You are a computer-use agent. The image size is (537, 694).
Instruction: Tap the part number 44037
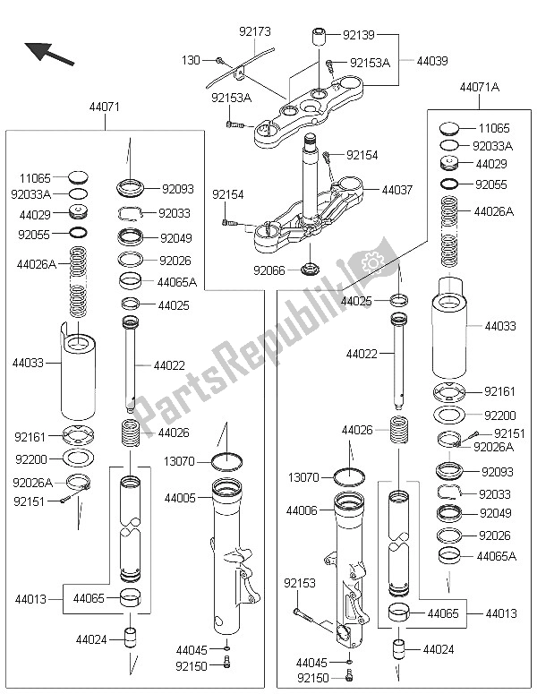pyautogui.click(x=396, y=190)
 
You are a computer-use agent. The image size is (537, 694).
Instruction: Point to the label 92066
pyautogui.click(x=270, y=269)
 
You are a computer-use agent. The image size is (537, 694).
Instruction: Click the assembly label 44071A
pyautogui.click(x=479, y=89)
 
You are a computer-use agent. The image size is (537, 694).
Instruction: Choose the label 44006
pyautogui.click(x=303, y=510)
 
